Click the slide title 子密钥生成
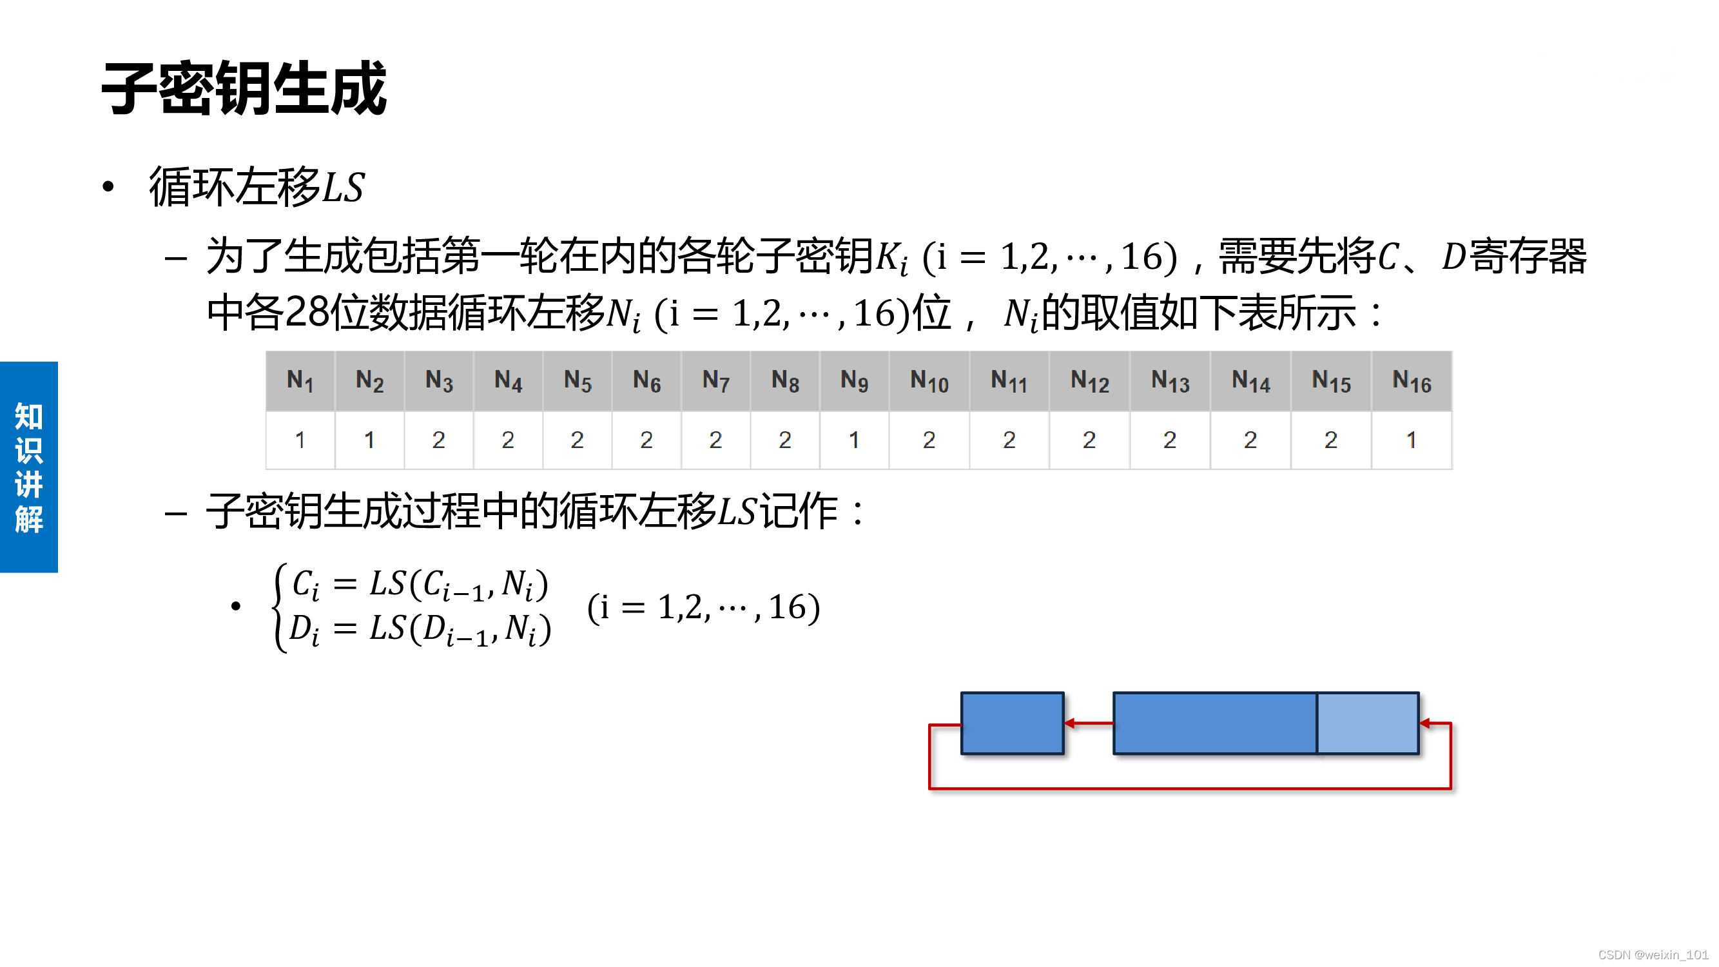click(x=244, y=89)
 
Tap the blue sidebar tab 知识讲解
click(x=29, y=467)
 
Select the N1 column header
click(x=300, y=381)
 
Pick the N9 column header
click(x=854, y=381)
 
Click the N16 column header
click(x=1412, y=381)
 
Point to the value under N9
click(x=854, y=440)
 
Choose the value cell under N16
click(x=1412, y=440)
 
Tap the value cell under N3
click(x=438, y=440)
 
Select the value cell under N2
click(x=369, y=440)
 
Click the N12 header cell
click(x=1090, y=381)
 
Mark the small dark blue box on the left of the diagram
click(x=1013, y=723)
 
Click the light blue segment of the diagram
click(x=1367, y=723)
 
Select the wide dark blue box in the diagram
click(x=1214, y=723)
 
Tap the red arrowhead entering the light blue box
click(x=1425, y=723)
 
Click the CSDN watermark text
click(x=1652, y=955)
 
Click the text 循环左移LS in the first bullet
click(x=257, y=187)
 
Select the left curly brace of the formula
click(x=280, y=607)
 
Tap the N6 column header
click(x=646, y=381)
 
